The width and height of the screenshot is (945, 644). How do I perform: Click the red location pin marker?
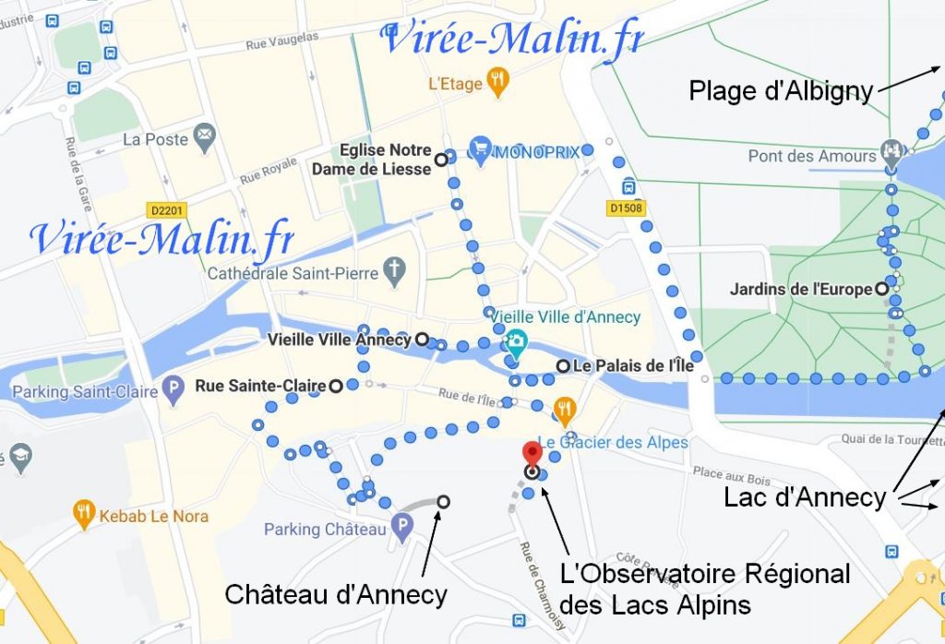(532, 455)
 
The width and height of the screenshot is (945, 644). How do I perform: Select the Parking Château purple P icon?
(401, 529)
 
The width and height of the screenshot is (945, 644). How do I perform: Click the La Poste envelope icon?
(204, 139)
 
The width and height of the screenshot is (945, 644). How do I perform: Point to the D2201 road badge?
(166, 211)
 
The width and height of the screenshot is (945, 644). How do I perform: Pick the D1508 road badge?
(625, 209)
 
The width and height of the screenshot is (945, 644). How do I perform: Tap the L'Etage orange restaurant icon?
(498, 84)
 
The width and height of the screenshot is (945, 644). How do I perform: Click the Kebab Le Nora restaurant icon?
(85, 515)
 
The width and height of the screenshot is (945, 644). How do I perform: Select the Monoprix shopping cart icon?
(479, 149)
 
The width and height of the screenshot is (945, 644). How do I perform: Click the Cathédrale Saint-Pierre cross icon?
(394, 272)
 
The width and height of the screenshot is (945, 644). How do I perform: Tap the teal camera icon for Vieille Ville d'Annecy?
(516, 340)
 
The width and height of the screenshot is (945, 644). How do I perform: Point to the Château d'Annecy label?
(336, 595)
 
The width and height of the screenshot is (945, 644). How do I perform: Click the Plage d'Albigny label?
(781, 90)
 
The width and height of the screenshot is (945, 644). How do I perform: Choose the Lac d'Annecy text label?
(804, 498)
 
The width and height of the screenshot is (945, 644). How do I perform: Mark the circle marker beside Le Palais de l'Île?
(562, 366)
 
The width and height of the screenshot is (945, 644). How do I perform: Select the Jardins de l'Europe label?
(800, 290)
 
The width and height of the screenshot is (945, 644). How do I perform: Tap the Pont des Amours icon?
(891, 149)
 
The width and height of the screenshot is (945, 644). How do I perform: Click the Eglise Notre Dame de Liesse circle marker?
(441, 160)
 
